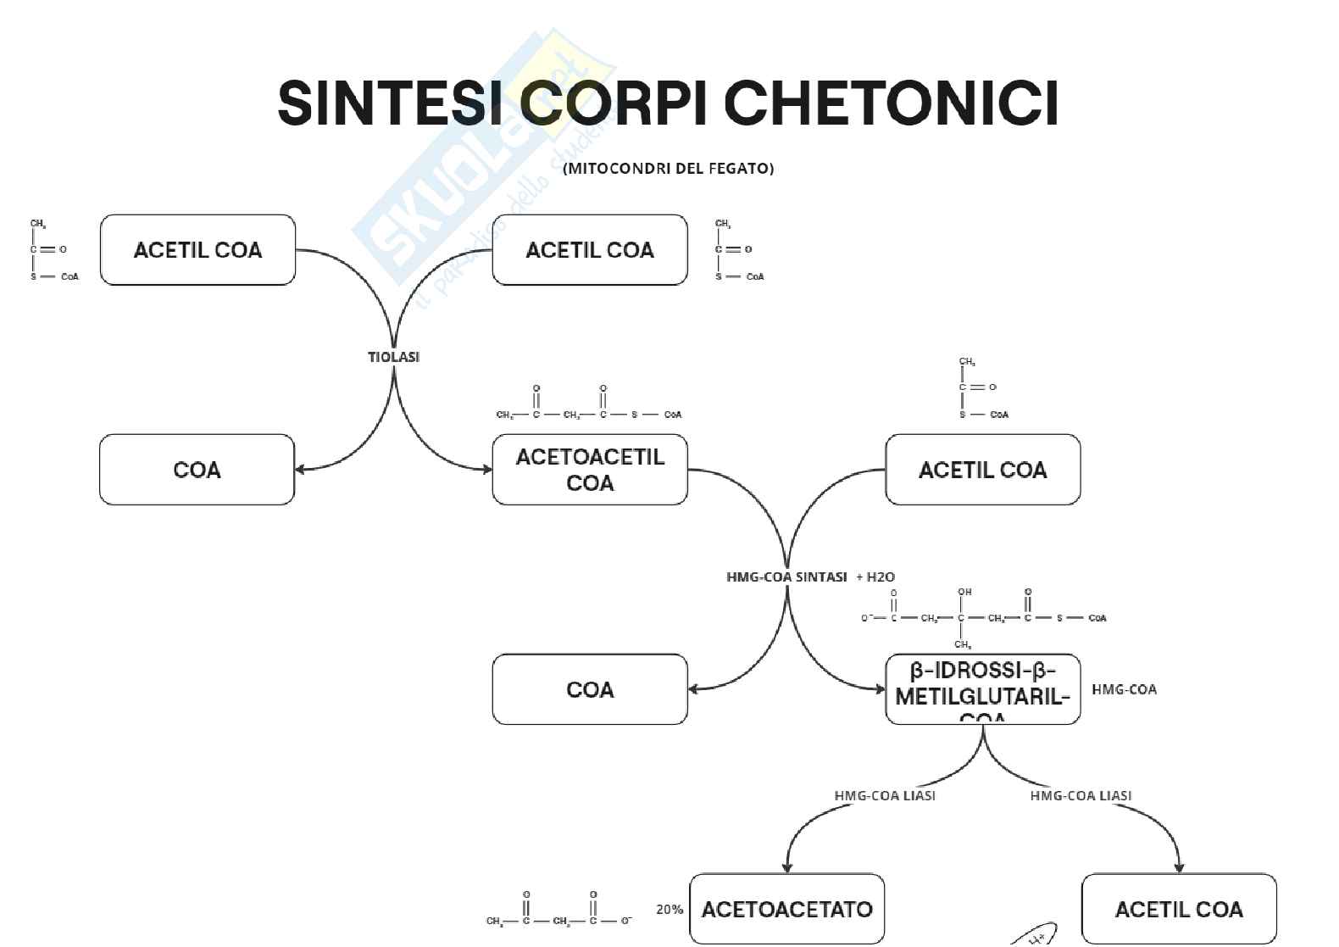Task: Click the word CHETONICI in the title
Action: [891, 103]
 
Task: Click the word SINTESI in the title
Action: [393, 103]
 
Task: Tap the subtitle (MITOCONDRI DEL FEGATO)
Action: [668, 168]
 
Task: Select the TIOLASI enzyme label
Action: [393, 357]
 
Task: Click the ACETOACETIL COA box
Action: [590, 470]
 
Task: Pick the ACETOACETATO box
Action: [786, 909]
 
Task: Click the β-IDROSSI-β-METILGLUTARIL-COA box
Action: [982, 689]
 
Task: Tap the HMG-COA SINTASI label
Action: [786, 577]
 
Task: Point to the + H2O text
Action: [875, 577]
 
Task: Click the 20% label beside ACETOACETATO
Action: [669, 909]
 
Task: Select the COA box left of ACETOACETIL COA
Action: [197, 470]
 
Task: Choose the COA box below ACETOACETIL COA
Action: [590, 689]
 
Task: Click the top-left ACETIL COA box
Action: [197, 250]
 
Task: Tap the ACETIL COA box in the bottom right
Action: [1179, 909]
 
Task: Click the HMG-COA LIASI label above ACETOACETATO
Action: [885, 795]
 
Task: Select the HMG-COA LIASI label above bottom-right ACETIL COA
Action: [1081, 795]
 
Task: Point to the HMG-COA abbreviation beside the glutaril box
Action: [1124, 689]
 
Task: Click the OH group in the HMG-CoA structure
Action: [964, 592]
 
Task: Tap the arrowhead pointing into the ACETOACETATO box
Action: [787, 867]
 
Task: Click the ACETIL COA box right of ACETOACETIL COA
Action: [982, 470]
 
